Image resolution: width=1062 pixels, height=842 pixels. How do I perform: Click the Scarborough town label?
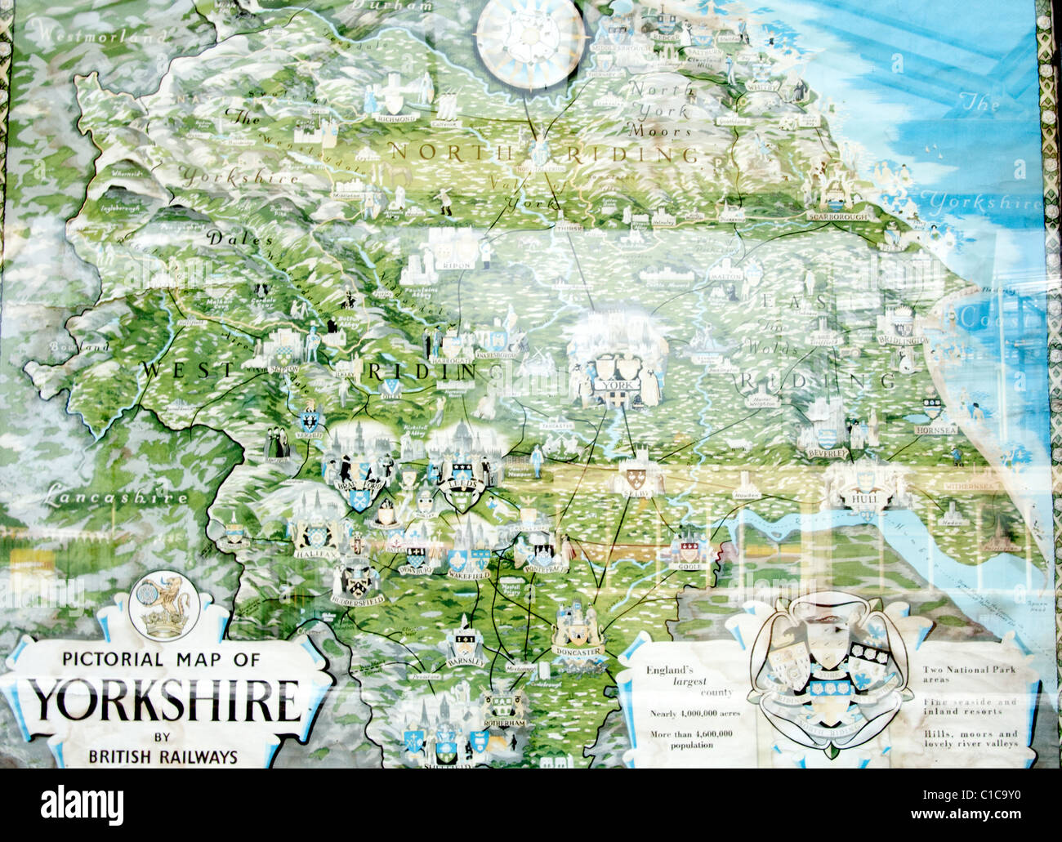[835, 217]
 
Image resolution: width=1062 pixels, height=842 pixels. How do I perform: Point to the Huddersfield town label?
[357, 599]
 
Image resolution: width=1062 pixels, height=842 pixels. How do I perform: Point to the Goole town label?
[685, 565]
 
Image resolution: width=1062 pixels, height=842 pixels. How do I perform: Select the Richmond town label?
[396, 118]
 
